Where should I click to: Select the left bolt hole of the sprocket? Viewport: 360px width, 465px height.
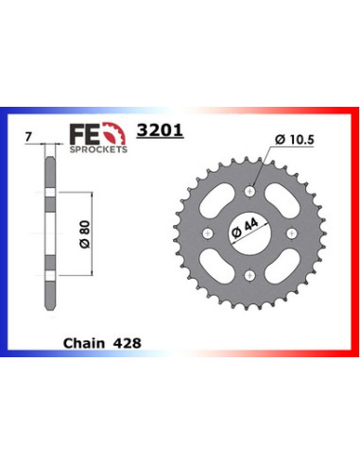204,231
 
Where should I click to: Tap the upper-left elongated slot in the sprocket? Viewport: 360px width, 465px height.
221,201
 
